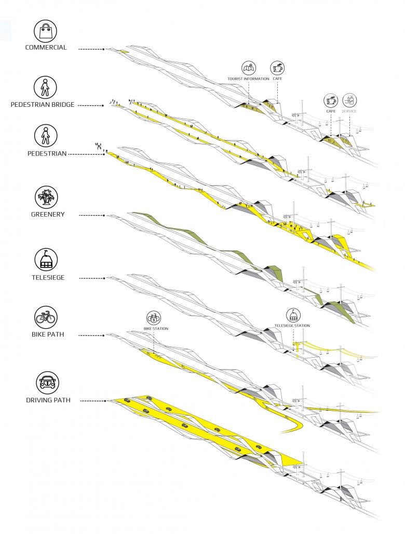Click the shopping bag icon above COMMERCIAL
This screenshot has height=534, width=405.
point(46,31)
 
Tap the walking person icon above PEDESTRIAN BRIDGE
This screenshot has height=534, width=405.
point(46,88)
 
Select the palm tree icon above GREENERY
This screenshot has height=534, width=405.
point(46,198)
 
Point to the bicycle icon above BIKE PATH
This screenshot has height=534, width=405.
point(46,317)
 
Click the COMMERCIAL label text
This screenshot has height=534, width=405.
point(46,48)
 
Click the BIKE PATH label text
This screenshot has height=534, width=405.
point(46,334)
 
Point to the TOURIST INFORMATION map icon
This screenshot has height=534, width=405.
point(248,68)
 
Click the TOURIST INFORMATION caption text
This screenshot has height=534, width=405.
point(248,79)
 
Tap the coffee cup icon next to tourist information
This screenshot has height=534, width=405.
point(277,68)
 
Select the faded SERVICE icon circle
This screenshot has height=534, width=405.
point(349,100)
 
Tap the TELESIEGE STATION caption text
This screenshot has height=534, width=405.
point(292,326)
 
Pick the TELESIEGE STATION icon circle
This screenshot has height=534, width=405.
point(292,315)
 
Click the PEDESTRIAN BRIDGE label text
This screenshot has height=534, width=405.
point(43,105)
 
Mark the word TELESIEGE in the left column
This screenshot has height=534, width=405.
point(46,278)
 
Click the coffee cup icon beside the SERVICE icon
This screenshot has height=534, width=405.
point(330,100)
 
